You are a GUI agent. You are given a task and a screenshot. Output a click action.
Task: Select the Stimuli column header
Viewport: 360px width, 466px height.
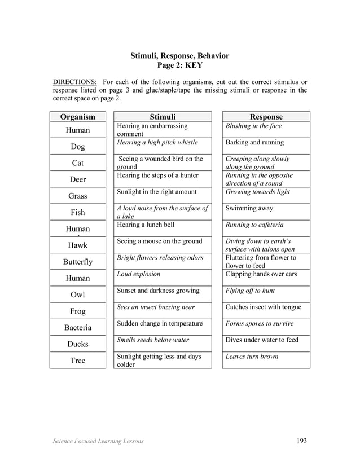click(x=162, y=117)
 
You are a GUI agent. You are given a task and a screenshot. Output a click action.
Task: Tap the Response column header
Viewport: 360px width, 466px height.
click(x=266, y=117)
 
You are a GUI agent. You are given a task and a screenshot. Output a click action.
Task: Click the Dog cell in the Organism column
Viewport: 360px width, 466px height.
click(x=78, y=147)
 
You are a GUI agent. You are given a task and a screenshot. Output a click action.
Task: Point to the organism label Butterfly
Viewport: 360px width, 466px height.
click(x=78, y=262)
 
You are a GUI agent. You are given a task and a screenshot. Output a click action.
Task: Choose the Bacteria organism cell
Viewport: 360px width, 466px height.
click(x=78, y=328)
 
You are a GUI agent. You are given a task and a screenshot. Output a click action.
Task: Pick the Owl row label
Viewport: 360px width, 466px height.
click(x=78, y=295)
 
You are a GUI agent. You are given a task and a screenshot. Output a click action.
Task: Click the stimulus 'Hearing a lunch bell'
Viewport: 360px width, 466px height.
click(x=146, y=225)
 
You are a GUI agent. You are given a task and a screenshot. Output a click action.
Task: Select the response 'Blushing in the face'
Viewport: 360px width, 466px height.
click(x=253, y=126)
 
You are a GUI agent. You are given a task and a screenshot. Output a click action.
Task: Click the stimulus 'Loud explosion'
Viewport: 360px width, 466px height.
click(x=139, y=274)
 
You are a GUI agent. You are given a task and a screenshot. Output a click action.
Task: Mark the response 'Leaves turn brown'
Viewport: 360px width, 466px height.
click(x=252, y=357)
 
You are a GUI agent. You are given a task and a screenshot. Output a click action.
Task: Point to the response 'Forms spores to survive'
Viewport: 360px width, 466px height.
click(x=259, y=323)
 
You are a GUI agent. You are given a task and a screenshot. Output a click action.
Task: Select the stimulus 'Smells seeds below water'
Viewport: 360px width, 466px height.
click(x=153, y=340)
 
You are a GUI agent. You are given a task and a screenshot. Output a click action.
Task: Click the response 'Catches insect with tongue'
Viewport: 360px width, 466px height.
click(x=263, y=307)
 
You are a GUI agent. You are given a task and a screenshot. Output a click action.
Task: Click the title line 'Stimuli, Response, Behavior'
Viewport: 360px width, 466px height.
click(x=179, y=56)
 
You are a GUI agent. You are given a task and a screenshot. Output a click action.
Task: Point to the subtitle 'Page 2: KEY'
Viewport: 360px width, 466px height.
click(x=179, y=65)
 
